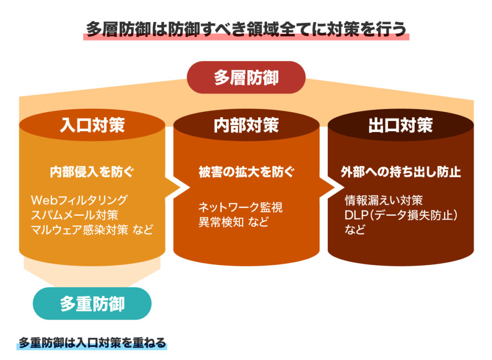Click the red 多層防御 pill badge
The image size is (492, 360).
(246, 77)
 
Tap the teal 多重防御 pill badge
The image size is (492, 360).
(92, 303)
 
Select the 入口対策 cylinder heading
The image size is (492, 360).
(92, 125)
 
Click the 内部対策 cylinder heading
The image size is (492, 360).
(246, 125)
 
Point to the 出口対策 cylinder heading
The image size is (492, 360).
(401, 125)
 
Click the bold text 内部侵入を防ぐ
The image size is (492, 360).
(92, 172)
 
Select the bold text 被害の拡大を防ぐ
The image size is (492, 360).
(246, 172)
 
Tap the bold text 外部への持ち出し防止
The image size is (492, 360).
(401, 172)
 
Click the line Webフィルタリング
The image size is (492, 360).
(79, 200)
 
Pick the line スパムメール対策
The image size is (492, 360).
(74, 215)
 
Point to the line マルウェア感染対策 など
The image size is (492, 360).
(92, 230)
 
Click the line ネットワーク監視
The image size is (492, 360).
(240, 207)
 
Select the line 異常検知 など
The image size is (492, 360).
(234, 222)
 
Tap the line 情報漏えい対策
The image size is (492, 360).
(384, 200)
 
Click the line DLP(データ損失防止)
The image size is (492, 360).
(401, 215)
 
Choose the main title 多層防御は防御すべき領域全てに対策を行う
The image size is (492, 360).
(246, 29)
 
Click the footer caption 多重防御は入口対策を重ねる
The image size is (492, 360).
(92, 342)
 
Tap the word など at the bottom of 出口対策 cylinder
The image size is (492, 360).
(355, 230)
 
